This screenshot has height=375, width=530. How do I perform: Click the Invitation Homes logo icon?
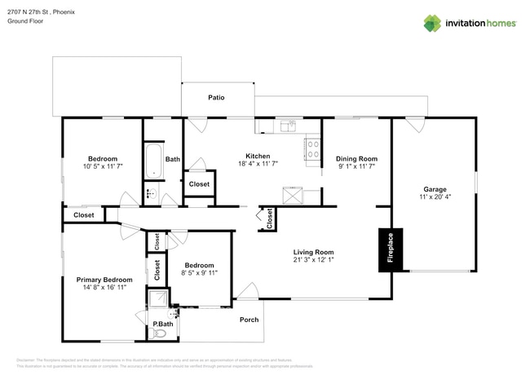(431, 23)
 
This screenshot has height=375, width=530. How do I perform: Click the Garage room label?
(435, 188)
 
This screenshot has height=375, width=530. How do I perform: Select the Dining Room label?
(357, 158)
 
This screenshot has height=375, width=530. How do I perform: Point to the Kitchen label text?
(258, 156)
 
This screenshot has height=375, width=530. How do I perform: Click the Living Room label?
(314, 252)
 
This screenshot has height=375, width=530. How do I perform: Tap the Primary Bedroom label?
(104, 280)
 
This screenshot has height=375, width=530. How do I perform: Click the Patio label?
(216, 97)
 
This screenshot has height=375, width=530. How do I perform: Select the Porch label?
(249, 320)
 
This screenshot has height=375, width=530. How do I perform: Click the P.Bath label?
(163, 324)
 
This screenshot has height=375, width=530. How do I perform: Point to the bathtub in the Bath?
(152, 161)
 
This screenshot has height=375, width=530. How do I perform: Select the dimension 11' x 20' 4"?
(435, 197)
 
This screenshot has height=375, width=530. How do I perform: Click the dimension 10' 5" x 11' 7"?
(103, 167)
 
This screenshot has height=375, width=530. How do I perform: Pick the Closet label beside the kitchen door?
(199, 184)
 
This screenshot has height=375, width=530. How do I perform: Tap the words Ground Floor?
(25, 22)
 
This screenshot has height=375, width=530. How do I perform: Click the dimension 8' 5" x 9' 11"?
(199, 274)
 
